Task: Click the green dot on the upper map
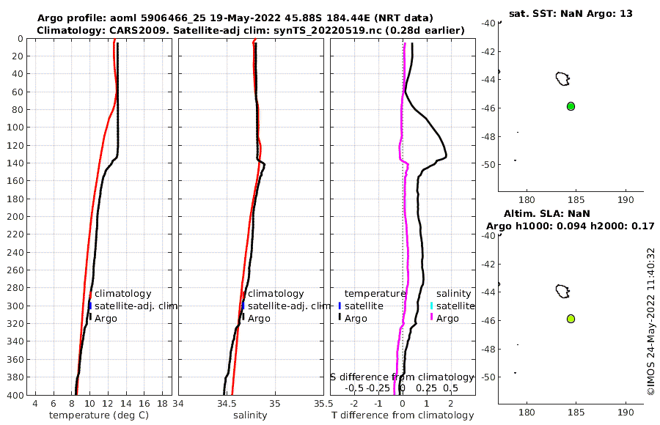point(571,106)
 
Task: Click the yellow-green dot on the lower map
point(571,319)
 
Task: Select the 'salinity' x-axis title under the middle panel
point(249,415)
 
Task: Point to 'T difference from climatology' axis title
point(403,415)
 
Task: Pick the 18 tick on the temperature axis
point(161,403)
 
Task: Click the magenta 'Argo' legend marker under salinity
point(432,317)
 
